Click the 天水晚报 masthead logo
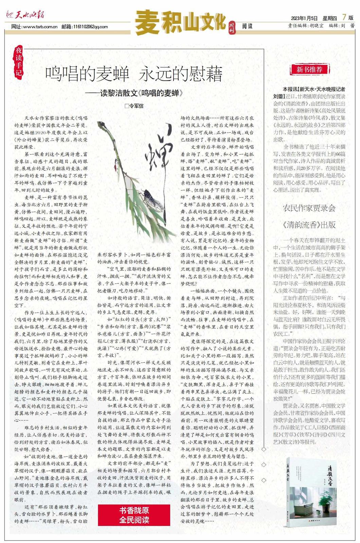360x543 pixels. [25, 15]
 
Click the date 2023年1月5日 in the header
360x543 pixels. [304, 18]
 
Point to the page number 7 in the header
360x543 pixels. [344, 17]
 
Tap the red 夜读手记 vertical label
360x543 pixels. [19, 61]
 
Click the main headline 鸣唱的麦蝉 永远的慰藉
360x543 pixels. [134, 74]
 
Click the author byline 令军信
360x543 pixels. [134, 106]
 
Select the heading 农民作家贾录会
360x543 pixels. [309, 208]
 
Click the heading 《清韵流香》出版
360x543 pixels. [309, 224]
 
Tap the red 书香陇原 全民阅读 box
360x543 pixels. [134, 515]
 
